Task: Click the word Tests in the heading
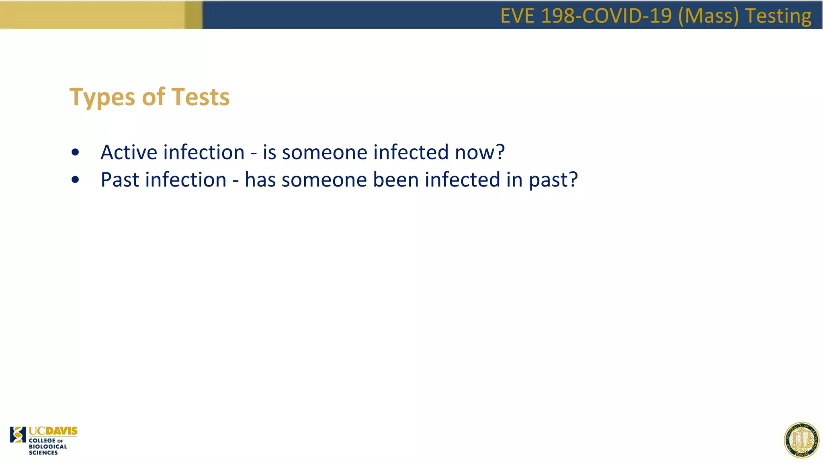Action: [201, 97]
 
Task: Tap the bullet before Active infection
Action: [75, 153]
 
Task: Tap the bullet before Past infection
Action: [75, 180]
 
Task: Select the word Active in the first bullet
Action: [129, 152]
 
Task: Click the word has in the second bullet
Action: [260, 180]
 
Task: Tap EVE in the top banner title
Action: [518, 16]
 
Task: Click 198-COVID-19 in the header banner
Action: [606, 16]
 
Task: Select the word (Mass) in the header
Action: [708, 16]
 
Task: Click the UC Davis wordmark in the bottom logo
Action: [53, 431]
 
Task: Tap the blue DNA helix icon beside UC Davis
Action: [18, 434]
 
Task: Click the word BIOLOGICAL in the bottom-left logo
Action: [48, 447]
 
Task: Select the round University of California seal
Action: [801, 440]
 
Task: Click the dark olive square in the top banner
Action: [193, 14]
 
